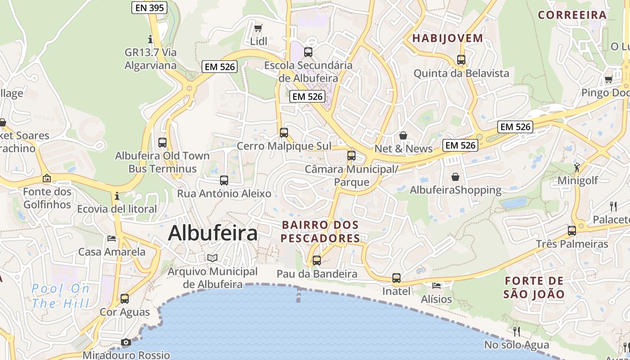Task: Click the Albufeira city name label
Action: click(213, 233)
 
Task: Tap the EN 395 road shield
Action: click(149, 8)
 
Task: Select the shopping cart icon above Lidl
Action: click(258, 28)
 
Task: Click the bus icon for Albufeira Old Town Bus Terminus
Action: click(162, 143)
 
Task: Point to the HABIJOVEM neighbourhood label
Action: click(447, 38)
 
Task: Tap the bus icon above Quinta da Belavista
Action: click(461, 59)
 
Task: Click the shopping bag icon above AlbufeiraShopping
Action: click(455, 177)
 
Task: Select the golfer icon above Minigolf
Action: click(577, 168)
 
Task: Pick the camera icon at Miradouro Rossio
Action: click(126, 342)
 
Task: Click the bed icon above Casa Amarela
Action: click(112, 238)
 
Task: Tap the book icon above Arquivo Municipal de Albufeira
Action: click(212, 258)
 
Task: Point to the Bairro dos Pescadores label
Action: click(320, 231)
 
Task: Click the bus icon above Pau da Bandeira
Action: click(317, 261)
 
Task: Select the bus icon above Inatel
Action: click(396, 278)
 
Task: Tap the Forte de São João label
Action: click(534, 288)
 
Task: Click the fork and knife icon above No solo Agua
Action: click(517, 332)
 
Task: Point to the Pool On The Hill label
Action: click(60, 296)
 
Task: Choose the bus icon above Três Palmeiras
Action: click(572, 231)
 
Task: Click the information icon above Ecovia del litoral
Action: click(117, 196)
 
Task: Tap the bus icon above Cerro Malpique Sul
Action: click(284, 133)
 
